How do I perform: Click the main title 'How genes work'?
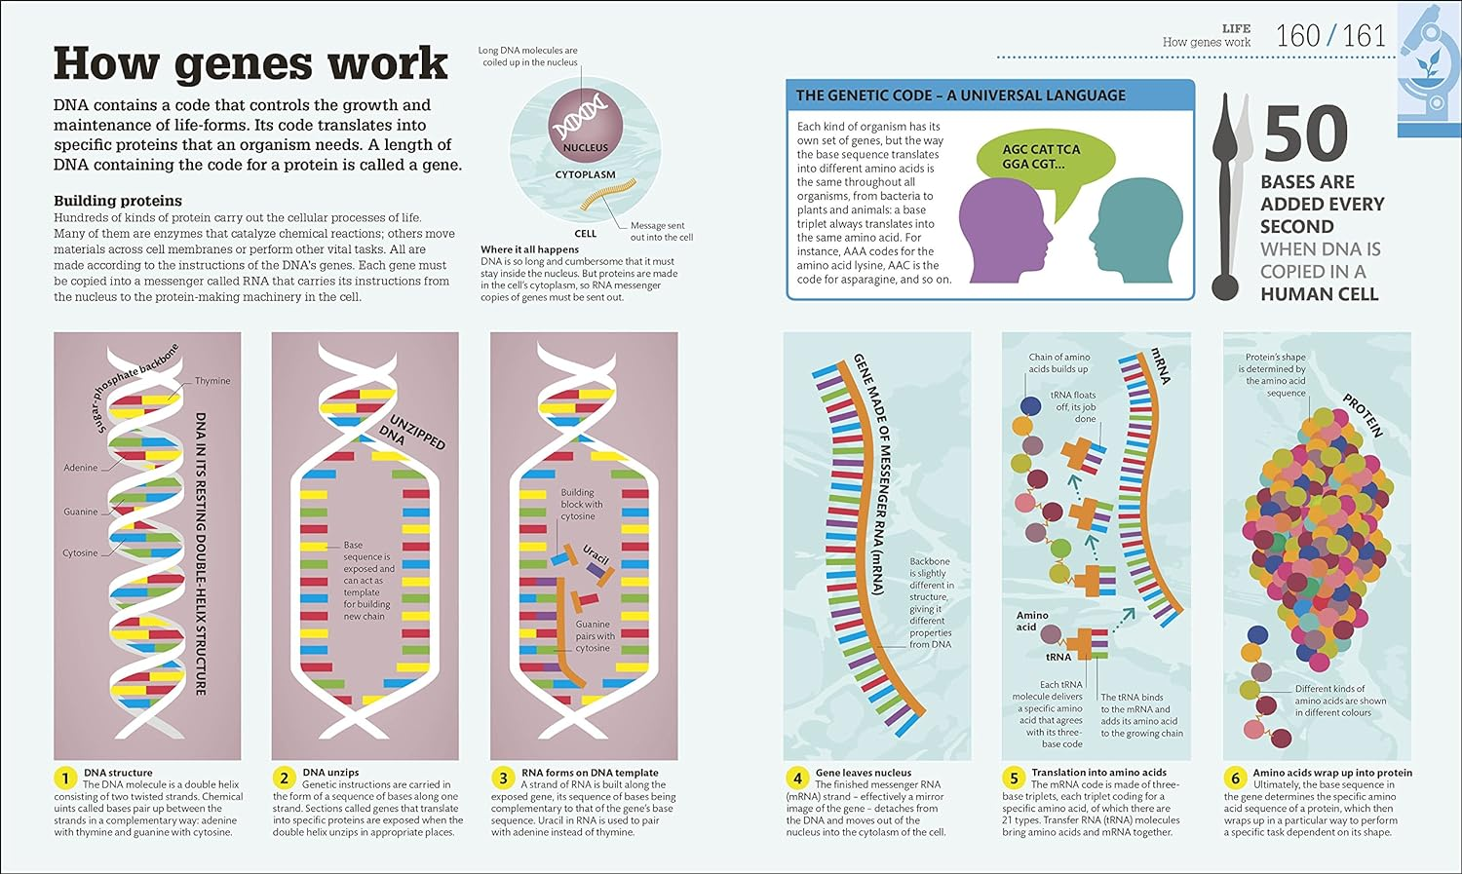[x=250, y=64]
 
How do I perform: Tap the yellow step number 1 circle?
[x=65, y=778]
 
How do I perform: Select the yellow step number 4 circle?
[x=797, y=778]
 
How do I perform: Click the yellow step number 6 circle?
[x=1235, y=778]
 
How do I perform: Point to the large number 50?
[x=1306, y=134]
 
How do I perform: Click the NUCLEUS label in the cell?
[x=585, y=148]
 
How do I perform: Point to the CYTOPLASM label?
[x=585, y=175]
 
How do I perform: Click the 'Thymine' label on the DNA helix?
[x=212, y=381]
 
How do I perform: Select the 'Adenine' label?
[x=80, y=468]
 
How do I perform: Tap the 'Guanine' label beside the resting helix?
[x=80, y=512]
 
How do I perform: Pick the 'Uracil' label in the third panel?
[x=596, y=555]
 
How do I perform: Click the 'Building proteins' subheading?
[x=118, y=201]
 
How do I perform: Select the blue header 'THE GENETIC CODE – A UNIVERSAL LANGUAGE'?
[x=960, y=95]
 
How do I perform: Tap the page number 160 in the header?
[x=1297, y=37]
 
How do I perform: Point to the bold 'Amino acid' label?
[x=1032, y=621]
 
